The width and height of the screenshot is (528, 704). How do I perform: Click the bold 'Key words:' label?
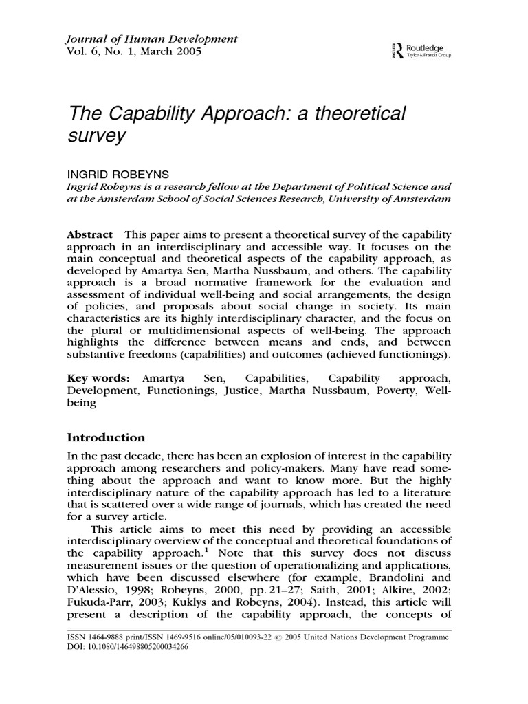tap(98, 379)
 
